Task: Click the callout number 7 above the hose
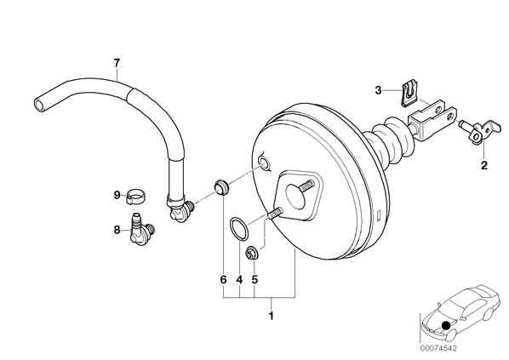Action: (x=117, y=62)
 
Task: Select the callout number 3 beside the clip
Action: (x=378, y=90)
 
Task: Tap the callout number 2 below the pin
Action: (x=484, y=166)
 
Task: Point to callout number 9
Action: (x=117, y=196)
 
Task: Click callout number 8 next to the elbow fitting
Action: (x=117, y=230)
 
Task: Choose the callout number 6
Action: (x=223, y=279)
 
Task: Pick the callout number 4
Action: (x=239, y=279)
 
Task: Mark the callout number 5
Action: (x=254, y=279)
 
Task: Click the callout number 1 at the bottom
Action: (x=272, y=316)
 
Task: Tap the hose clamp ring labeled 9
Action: (x=135, y=197)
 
